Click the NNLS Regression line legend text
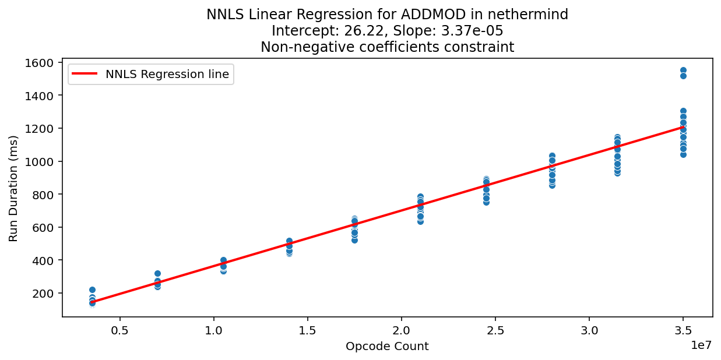point(167,74)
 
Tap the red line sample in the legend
point(86,74)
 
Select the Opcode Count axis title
point(387,347)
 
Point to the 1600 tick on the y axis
point(41,62)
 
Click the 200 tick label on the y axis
point(45,293)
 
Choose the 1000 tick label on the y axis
point(41,161)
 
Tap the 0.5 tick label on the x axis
point(119,330)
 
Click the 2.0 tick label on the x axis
point(401,330)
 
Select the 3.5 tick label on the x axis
point(683,330)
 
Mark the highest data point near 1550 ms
point(683,70)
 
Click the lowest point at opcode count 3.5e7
point(683,154)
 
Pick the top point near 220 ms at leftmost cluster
point(92,290)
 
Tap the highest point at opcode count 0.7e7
point(157,273)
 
